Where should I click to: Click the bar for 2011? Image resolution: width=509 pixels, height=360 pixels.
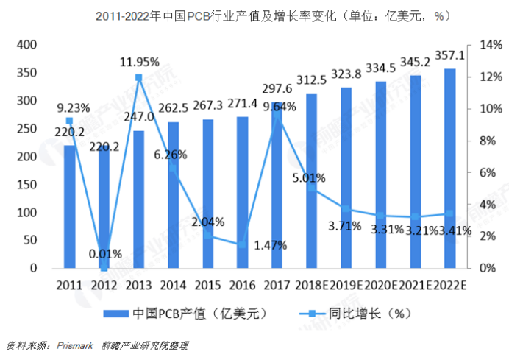click(x=69, y=207)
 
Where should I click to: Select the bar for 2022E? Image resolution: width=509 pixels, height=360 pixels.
click(x=449, y=169)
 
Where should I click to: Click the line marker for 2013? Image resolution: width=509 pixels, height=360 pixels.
click(x=138, y=77)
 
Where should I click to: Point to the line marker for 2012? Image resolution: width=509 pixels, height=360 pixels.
click(x=104, y=268)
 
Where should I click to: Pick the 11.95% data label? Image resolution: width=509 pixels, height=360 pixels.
click(x=140, y=62)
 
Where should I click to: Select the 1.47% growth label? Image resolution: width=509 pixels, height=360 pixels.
click(x=268, y=244)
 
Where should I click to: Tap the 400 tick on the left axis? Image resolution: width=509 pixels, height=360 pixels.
click(x=27, y=46)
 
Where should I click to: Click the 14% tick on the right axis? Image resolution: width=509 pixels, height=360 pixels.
click(x=490, y=46)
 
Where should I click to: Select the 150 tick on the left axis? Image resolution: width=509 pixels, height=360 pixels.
click(x=27, y=185)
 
